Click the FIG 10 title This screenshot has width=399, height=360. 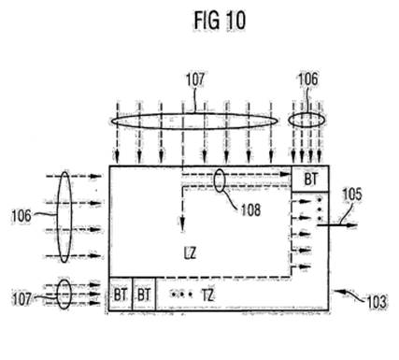[220, 21]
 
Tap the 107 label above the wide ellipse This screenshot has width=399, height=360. [195, 79]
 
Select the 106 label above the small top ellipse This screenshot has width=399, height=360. [308, 79]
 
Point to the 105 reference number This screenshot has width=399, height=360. [352, 194]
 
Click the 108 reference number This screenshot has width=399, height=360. [251, 210]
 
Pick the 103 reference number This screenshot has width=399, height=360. [377, 302]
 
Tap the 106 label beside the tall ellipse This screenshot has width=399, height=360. [21, 216]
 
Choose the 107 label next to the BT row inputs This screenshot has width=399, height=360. [21, 299]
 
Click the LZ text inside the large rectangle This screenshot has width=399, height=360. [190, 253]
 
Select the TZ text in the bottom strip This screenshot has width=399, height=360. [207, 295]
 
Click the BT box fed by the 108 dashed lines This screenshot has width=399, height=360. [310, 179]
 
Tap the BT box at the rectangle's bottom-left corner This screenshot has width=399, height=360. [121, 294]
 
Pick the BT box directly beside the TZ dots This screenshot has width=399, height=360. [144, 294]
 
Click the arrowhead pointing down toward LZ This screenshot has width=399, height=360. [182, 225]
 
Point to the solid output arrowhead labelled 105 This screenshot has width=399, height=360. [352, 225]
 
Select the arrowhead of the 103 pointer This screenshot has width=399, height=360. [339, 292]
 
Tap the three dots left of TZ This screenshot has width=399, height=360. [181, 294]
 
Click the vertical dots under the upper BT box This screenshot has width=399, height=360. [319, 209]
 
